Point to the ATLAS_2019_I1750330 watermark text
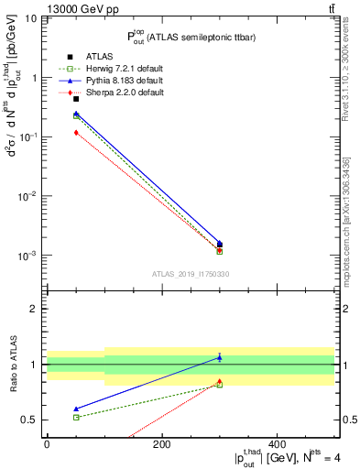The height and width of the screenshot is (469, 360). coord(191,274)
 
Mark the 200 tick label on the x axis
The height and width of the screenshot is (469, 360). coord(161,444)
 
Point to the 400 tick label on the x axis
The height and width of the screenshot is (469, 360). coord(277,444)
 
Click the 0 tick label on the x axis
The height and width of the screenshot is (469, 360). coord(47,444)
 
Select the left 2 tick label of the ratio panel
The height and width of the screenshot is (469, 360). coord(31,309)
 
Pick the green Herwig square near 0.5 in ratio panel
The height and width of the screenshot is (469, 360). coord(76,417)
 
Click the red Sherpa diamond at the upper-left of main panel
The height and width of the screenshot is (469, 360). coord(76,133)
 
